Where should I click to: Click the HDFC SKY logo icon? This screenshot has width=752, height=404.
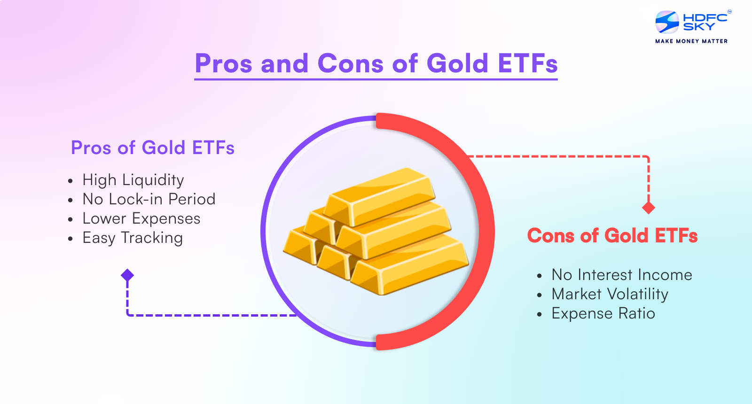(x=667, y=22)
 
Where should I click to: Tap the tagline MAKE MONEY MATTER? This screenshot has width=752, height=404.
(x=691, y=41)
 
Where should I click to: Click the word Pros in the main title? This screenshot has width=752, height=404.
(x=224, y=64)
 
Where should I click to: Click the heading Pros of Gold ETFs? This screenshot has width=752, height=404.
(x=152, y=148)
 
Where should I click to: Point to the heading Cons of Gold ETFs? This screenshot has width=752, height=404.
(x=612, y=236)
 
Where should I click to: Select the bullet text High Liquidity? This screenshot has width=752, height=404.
(x=133, y=180)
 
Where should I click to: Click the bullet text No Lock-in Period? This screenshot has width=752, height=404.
(x=149, y=199)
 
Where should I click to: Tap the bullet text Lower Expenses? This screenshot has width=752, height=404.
(x=141, y=218)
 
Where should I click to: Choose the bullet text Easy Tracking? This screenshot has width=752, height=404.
(x=133, y=238)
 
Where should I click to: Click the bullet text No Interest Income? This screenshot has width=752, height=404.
(x=621, y=275)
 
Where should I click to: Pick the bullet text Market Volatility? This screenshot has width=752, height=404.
(x=610, y=294)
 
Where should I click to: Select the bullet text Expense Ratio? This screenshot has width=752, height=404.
(x=603, y=313)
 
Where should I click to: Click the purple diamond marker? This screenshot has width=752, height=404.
(x=127, y=275)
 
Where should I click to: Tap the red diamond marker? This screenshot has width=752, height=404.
(x=649, y=208)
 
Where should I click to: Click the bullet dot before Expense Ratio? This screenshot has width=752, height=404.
(x=540, y=314)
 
